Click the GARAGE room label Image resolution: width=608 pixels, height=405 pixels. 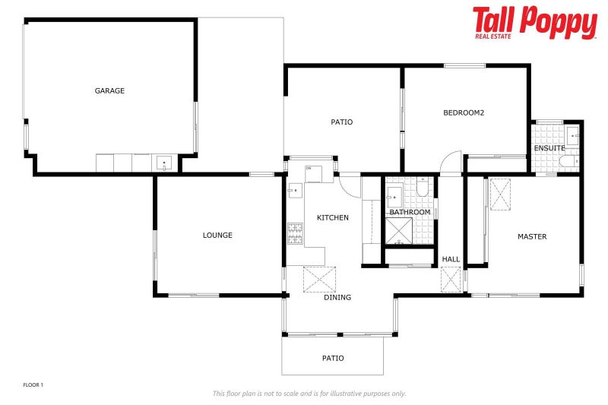tap(109, 90)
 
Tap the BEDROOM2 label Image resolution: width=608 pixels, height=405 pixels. tap(464, 113)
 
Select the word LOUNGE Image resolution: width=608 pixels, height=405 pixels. tap(217, 236)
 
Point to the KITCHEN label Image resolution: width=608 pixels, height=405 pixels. tap(333, 218)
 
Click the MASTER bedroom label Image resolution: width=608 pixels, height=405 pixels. tap(532, 237)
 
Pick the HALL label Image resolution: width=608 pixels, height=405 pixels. tap(451, 259)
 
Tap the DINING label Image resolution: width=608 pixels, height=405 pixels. tap(337, 297)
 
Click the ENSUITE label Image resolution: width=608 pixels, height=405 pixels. tap(549, 147)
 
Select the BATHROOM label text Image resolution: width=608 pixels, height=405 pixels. tap(410, 212)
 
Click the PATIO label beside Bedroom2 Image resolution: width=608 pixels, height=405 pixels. tap(341, 122)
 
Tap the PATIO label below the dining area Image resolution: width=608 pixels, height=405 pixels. tap(333, 358)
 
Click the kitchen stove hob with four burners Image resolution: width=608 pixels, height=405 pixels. tap(295, 233)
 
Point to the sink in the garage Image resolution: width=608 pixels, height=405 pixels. tap(164, 163)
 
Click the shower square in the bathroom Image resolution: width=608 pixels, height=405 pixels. tap(399, 229)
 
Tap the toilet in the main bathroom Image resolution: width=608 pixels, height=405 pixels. tap(423, 188)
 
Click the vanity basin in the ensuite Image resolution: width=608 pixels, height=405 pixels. tap(572, 136)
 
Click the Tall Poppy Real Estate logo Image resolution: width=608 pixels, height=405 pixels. tap(534, 23)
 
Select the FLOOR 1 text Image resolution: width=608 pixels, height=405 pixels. tap(33, 385)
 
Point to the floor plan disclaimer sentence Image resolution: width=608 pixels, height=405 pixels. tap(309, 394)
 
